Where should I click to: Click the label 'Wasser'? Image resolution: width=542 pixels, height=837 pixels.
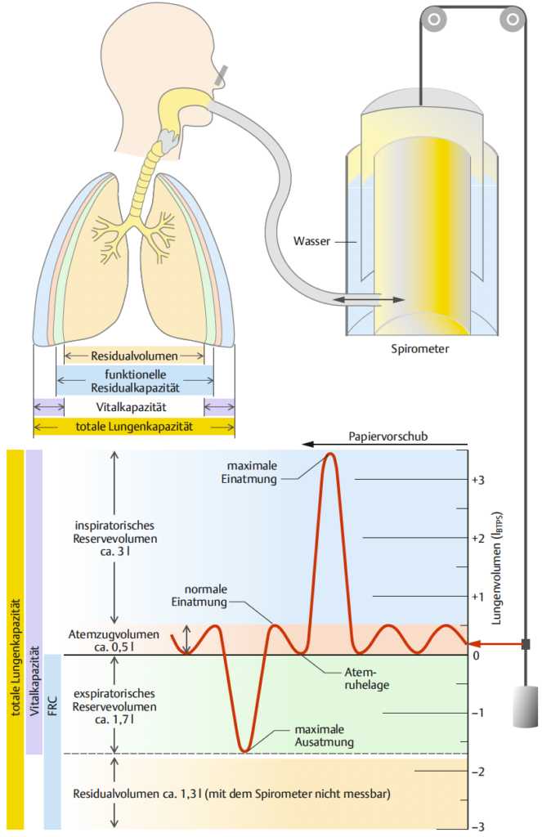pyautogui.click(x=311, y=241)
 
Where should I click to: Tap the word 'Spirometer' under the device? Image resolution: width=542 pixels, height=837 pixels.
pyautogui.click(x=419, y=349)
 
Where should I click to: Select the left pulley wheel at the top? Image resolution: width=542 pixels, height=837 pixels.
pyautogui.click(x=434, y=20)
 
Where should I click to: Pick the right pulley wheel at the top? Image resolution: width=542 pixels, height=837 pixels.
pyautogui.click(x=512, y=20)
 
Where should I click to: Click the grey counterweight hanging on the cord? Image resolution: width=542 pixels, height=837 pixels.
pyautogui.click(x=526, y=706)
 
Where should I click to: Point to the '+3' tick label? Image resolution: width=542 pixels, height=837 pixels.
pyautogui.click(x=478, y=480)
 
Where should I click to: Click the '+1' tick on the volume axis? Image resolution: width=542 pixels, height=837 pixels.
pyautogui.click(x=478, y=597)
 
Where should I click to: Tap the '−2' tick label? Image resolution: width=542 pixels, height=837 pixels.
pyautogui.click(x=478, y=772)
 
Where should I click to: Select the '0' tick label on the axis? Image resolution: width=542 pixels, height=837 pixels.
pyautogui.click(x=477, y=656)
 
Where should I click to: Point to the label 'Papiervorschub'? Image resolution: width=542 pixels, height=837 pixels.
pyautogui.click(x=388, y=436)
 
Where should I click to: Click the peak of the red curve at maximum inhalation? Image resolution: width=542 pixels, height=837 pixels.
pyautogui.click(x=330, y=454)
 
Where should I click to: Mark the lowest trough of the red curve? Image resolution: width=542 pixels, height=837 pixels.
pyautogui.click(x=245, y=750)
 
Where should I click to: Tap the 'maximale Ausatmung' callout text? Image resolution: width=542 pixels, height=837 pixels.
pyautogui.click(x=324, y=736)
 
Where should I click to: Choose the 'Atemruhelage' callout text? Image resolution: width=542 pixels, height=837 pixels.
pyautogui.click(x=366, y=678)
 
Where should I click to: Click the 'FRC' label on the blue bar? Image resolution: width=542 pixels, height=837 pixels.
pyautogui.click(x=52, y=705)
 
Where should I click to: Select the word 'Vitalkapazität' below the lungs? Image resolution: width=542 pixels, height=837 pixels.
pyautogui.click(x=132, y=407)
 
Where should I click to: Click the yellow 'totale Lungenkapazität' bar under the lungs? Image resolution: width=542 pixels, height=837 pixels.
pyautogui.click(x=134, y=427)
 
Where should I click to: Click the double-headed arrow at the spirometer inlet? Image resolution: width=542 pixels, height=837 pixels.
pyautogui.click(x=369, y=300)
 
